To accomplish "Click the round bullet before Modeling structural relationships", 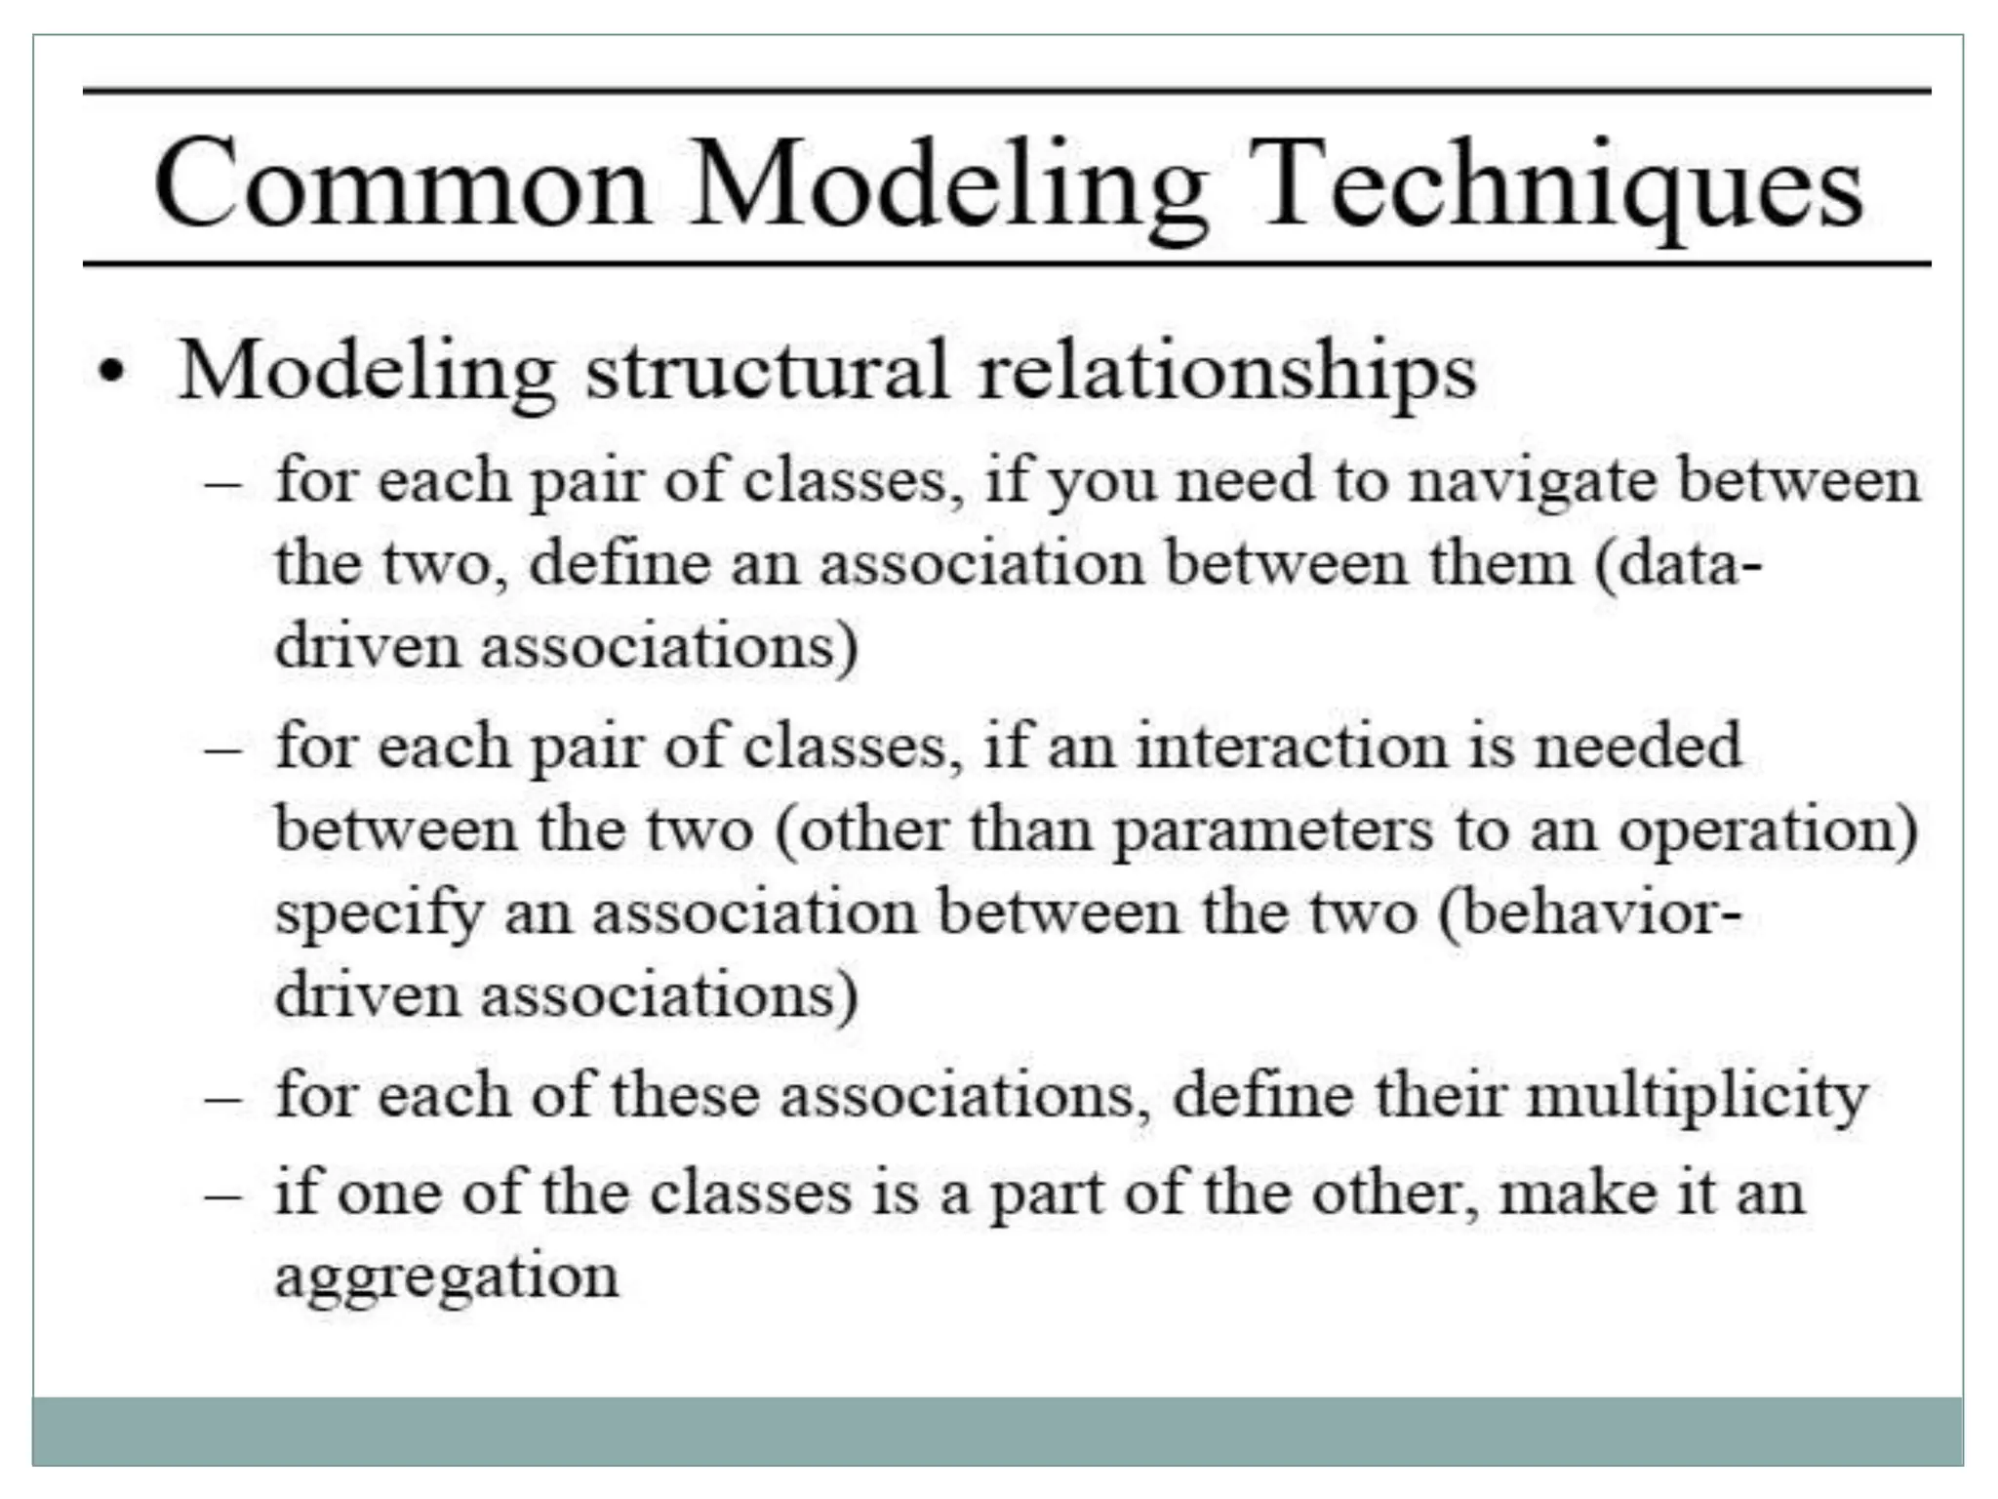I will click(114, 373).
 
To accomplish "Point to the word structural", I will click(767, 372).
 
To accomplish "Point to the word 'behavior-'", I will click(1589, 913).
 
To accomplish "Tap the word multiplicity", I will click(1697, 1097).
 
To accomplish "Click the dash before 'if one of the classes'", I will click(223, 1195).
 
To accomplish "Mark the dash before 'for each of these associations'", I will click(223, 1097).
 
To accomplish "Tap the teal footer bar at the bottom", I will click(997, 1431).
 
